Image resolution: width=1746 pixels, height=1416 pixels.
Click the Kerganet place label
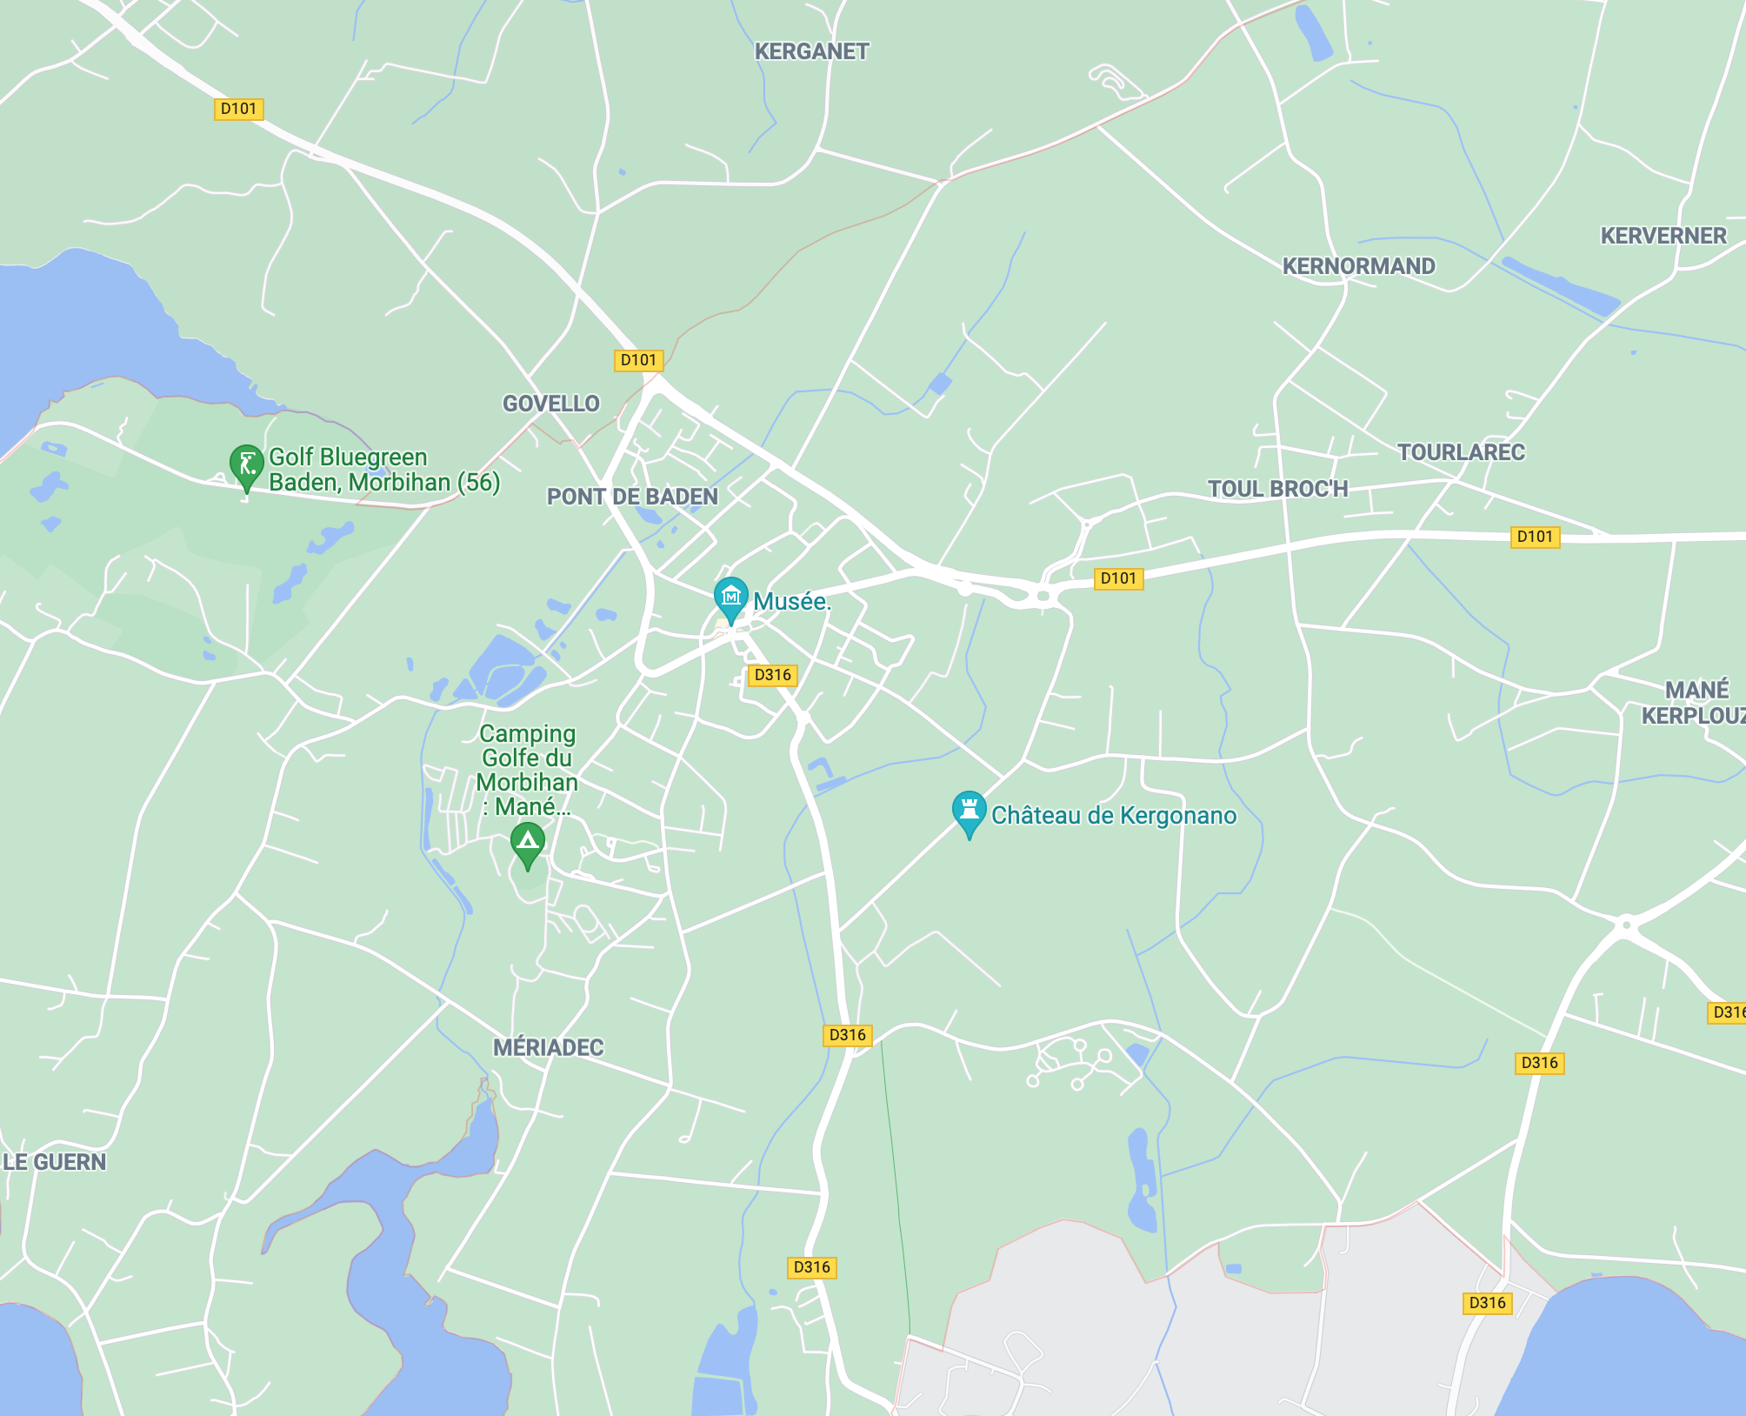[811, 52]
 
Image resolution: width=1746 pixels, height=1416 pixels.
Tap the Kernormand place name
[1358, 266]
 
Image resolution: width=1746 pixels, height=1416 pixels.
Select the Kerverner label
[1663, 236]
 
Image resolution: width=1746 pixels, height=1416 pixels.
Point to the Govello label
[551, 404]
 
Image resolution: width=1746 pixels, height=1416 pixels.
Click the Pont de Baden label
[632, 497]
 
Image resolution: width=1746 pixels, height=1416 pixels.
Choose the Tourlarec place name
[1461, 452]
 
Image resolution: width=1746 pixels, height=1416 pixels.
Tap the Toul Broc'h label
[1277, 489]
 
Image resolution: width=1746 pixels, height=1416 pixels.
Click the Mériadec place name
[548, 1047]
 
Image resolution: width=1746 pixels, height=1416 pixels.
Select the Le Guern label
[55, 1162]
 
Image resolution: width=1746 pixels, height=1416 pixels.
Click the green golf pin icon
[246, 465]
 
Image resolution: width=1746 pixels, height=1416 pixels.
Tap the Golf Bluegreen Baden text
[383, 470]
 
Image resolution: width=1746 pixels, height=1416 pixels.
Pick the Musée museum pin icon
[730, 598]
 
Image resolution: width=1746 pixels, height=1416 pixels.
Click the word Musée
[791, 601]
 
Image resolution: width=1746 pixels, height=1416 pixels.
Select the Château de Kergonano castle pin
[969, 811]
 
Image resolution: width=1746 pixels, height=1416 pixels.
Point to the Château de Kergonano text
[1114, 816]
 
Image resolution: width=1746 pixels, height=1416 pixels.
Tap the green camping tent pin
[527, 843]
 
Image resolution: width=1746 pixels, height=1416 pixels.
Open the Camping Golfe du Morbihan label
[527, 770]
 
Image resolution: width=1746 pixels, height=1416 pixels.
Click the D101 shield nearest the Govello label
[638, 360]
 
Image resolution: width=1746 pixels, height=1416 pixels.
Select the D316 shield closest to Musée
[772, 675]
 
